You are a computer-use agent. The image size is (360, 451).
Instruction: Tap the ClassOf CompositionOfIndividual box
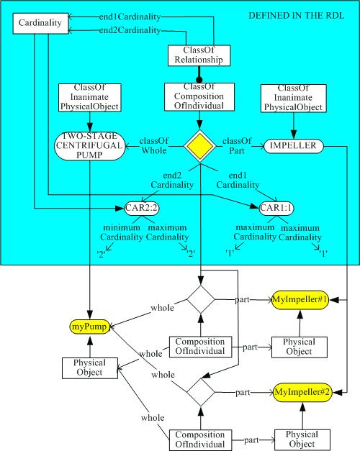[x=196, y=96]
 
